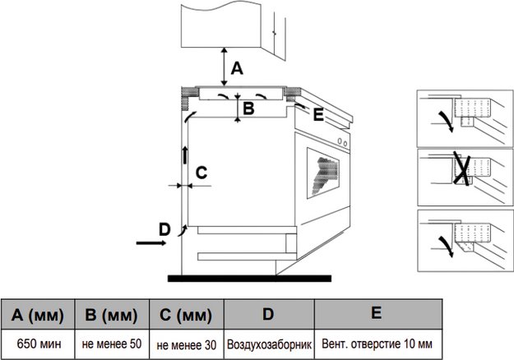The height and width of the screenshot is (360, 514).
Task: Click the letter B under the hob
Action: click(x=249, y=107)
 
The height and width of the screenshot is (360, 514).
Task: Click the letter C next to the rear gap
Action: click(x=200, y=173)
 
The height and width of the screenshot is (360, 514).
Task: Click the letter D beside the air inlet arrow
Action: click(x=164, y=228)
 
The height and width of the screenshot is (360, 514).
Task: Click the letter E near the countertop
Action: click(x=318, y=113)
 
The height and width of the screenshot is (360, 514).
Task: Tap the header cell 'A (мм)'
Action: click(x=39, y=315)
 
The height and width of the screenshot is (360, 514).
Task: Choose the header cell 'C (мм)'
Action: click(x=188, y=315)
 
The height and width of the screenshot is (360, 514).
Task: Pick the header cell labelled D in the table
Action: click(x=268, y=314)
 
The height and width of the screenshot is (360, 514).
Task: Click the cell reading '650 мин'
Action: click(x=39, y=344)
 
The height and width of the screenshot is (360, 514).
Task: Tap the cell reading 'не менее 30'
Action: click(x=188, y=344)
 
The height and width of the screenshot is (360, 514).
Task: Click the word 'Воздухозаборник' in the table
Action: click(x=269, y=344)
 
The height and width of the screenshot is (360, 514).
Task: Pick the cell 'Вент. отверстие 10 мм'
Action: click(x=376, y=344)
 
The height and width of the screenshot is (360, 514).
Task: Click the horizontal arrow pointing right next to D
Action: click(x=150, y=243)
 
